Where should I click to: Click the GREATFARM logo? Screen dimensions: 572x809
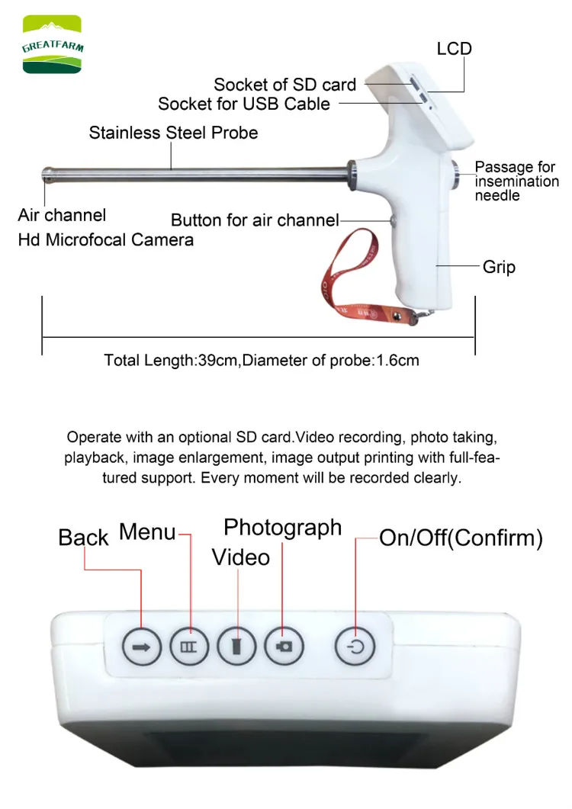(x=52, y=47)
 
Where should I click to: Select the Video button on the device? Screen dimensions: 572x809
(x=236, y=647)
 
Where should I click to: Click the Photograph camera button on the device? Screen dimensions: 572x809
(x=284, y=647)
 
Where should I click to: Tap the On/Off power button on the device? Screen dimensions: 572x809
(x=355, y=647)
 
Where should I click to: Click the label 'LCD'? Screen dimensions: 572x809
(x=454, y=49)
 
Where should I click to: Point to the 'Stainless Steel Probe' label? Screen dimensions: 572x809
(x=173, y=133)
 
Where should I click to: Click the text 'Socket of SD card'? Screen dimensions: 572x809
(x=284, y=85)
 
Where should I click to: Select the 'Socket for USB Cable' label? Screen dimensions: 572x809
(x=244, y=103)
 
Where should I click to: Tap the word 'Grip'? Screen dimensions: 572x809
(x=499, y=267)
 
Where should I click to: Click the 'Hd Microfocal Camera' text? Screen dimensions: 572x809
(x=105, y=240)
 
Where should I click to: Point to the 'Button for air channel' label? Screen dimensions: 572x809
(x=255, y=220)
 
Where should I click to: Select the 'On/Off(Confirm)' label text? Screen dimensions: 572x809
(x=461, y=538)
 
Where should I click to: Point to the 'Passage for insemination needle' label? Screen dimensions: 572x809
(x=516, y=181)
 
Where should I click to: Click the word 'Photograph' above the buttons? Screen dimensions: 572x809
(x=282, y=528)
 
